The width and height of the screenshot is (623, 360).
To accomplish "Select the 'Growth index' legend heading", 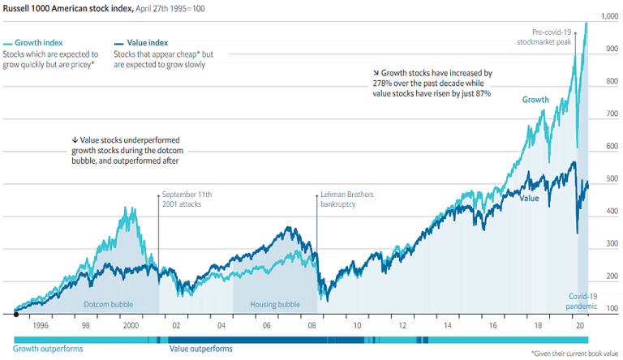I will pyautogui.click(x=39, y=42).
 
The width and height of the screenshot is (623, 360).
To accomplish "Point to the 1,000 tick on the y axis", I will pyautogui.click(x=609, y=16).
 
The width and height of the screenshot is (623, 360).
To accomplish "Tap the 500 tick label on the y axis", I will pyautogui.click(x=612, y=179).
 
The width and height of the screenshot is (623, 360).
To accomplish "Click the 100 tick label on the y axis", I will pyautogui.click(x=612, y=309).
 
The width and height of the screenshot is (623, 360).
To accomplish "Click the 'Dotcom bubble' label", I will pyautogui.click(x=109, y=305).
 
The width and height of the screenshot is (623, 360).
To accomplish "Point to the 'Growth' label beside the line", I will pyautogui.click(x=535, y=100).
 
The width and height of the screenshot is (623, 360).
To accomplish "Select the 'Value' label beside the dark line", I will pyautogui.click(x=529, y=198).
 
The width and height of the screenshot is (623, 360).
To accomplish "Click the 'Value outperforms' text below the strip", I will pyautogui.click(x=200, y=349).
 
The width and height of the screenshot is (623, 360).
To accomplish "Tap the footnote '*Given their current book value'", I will pyautogui.click(x=575, y=354).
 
